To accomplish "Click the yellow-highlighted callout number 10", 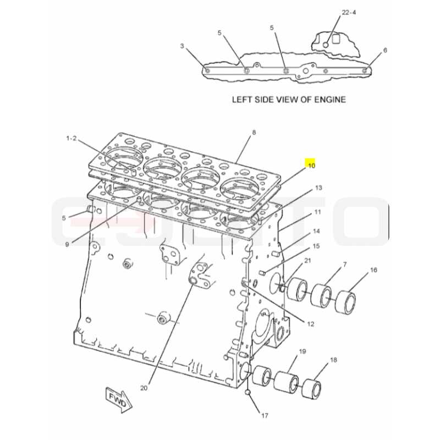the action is pos(311,166).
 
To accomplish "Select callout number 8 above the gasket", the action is pos(254,133).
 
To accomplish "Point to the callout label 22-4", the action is pos(349,12).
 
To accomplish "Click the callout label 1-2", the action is pos(71,138).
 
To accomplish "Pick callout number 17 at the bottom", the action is pos(265,416).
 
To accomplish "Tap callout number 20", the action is pos(144,388).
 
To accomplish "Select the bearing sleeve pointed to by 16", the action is pos(345,301).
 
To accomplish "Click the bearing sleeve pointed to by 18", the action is pos(311,389).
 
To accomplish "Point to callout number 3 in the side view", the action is pos(182,46).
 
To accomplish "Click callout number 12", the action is pos(310,324).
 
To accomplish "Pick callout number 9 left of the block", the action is pos(67,244).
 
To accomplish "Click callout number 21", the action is pos(308,261).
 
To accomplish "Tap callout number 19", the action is pos(302,351).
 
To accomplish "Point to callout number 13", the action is pos(318,188).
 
